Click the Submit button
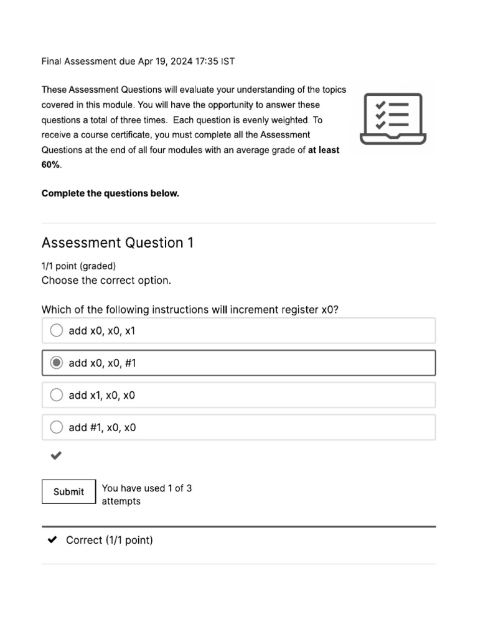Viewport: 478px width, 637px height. [x=68, y=491]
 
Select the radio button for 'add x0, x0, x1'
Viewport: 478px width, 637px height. [x=57, y=330]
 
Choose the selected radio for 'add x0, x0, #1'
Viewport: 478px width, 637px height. [x=57, y=363]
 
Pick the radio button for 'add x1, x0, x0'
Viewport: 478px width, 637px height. [x=57, y=395]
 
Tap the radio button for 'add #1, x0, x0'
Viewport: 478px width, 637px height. [x=57, y=427]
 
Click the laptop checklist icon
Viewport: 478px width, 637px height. [x=393, y=119]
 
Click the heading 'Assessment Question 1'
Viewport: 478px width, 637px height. [x=117, y=243]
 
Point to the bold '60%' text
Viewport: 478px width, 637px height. [x=51, y=165]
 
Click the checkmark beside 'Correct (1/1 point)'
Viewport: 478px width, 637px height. [x=53, y=540]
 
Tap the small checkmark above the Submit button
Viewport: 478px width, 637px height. [x=56, y=456]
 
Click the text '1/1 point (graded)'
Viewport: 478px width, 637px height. [x=78, y=266]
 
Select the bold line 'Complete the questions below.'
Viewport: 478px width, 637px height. [x=110, y=193]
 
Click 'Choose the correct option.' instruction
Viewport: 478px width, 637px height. [x=106, y=281]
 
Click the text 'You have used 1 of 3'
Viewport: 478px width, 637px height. [x=147, y=488]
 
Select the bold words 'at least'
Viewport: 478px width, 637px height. [x=324, y=150]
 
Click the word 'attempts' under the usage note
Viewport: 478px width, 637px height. [x=121, y=501]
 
